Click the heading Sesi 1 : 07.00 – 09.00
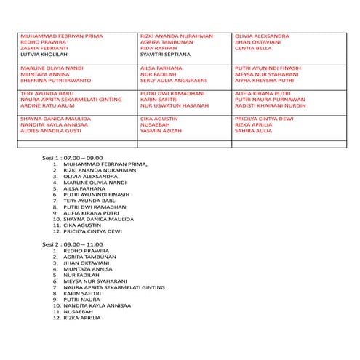[x=72, y=156]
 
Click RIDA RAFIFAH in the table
[x=159, y=48]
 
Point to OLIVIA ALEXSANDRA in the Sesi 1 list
[x=94, y=177]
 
